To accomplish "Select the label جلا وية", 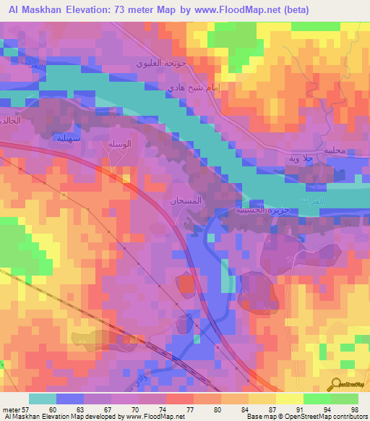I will click(309, 158).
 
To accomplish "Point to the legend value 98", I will click(353, 409).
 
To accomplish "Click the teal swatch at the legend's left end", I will click(43, 399).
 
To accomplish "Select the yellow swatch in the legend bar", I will click(290, 399).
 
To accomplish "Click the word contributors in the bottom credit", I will click(350, 417).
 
